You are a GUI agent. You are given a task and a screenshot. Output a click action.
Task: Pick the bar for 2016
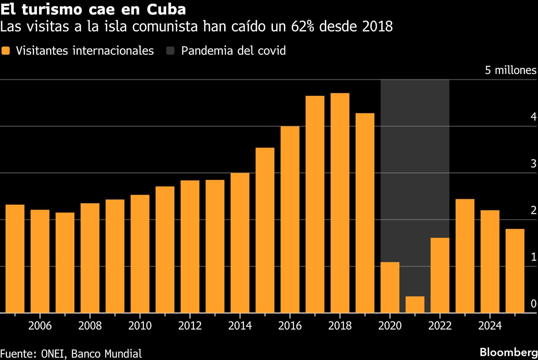[290, 219]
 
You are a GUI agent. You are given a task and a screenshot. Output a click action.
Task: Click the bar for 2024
[490, 261]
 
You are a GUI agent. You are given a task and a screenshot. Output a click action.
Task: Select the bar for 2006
[40, 261]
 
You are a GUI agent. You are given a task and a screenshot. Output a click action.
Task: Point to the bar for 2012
[190, 246]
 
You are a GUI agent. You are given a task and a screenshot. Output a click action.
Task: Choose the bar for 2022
[440, 275]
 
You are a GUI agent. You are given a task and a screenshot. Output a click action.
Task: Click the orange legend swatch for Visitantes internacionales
[5, 51]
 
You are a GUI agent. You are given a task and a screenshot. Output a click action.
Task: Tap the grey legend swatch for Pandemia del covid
[170, 51]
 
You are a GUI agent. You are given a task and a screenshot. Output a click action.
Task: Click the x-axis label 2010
[140, 326]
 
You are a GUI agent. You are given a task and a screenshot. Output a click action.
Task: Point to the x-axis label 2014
[240, 326]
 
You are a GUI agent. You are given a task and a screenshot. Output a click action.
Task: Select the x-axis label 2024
[490, 326]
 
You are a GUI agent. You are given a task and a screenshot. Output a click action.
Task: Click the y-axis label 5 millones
[510, 70]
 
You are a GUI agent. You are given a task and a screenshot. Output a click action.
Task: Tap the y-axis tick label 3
[533, 164]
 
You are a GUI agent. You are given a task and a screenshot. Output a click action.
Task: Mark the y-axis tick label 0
[533, 304]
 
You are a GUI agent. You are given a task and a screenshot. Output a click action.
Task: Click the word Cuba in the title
[166, 10]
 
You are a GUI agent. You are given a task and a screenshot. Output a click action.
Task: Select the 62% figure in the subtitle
[302, 27]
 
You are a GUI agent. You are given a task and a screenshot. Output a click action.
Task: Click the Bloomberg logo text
[509, 352]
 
